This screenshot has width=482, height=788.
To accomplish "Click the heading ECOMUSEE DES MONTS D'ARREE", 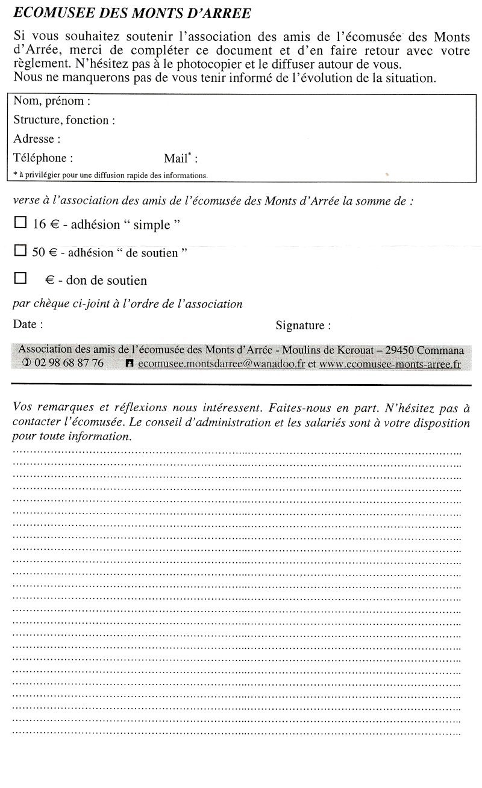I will tap(132, 13).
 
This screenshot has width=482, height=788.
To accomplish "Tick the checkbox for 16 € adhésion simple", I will tap(20, 223).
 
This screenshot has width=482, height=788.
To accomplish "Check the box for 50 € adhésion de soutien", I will tap(20, 250).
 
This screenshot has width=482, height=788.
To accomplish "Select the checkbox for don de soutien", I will tap(20, 278).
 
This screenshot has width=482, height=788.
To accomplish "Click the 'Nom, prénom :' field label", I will tap(52, 101).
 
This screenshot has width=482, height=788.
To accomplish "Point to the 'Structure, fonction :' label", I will tap(64, 120).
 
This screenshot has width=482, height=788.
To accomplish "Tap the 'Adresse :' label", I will tap(37, 139).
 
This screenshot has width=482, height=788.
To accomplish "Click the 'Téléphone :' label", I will tap(43, 158).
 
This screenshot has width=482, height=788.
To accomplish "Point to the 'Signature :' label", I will tap(303, 326).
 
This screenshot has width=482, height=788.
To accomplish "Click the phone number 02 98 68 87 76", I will tap(69, 363).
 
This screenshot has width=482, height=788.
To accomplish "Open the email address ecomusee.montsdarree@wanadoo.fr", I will tap(221, 364).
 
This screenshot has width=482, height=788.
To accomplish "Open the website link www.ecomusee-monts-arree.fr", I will tap(390, 364).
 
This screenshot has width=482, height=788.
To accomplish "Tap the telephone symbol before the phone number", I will tap(26, 363).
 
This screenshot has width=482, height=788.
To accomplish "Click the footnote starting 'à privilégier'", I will tap(110, 176).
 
